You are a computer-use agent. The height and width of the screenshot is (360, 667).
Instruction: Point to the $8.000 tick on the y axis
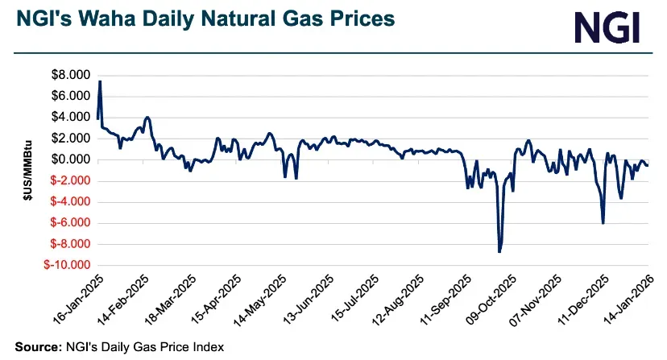point(72,75)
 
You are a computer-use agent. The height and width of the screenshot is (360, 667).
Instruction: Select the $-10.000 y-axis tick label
point(68,265)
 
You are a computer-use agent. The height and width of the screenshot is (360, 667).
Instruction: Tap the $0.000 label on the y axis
point(72,159)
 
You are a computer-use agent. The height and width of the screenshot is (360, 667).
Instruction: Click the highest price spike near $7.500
point(100,81)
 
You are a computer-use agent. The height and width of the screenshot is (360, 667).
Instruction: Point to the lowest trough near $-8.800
point(499,251)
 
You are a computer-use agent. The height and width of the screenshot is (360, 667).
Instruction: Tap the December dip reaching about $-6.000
point(603,222)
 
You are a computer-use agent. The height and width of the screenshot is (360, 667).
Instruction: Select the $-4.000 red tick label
point(71,201)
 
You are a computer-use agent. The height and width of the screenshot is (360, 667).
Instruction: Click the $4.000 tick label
point(72,117)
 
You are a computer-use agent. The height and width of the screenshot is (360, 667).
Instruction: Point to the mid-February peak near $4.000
point(147,118)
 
